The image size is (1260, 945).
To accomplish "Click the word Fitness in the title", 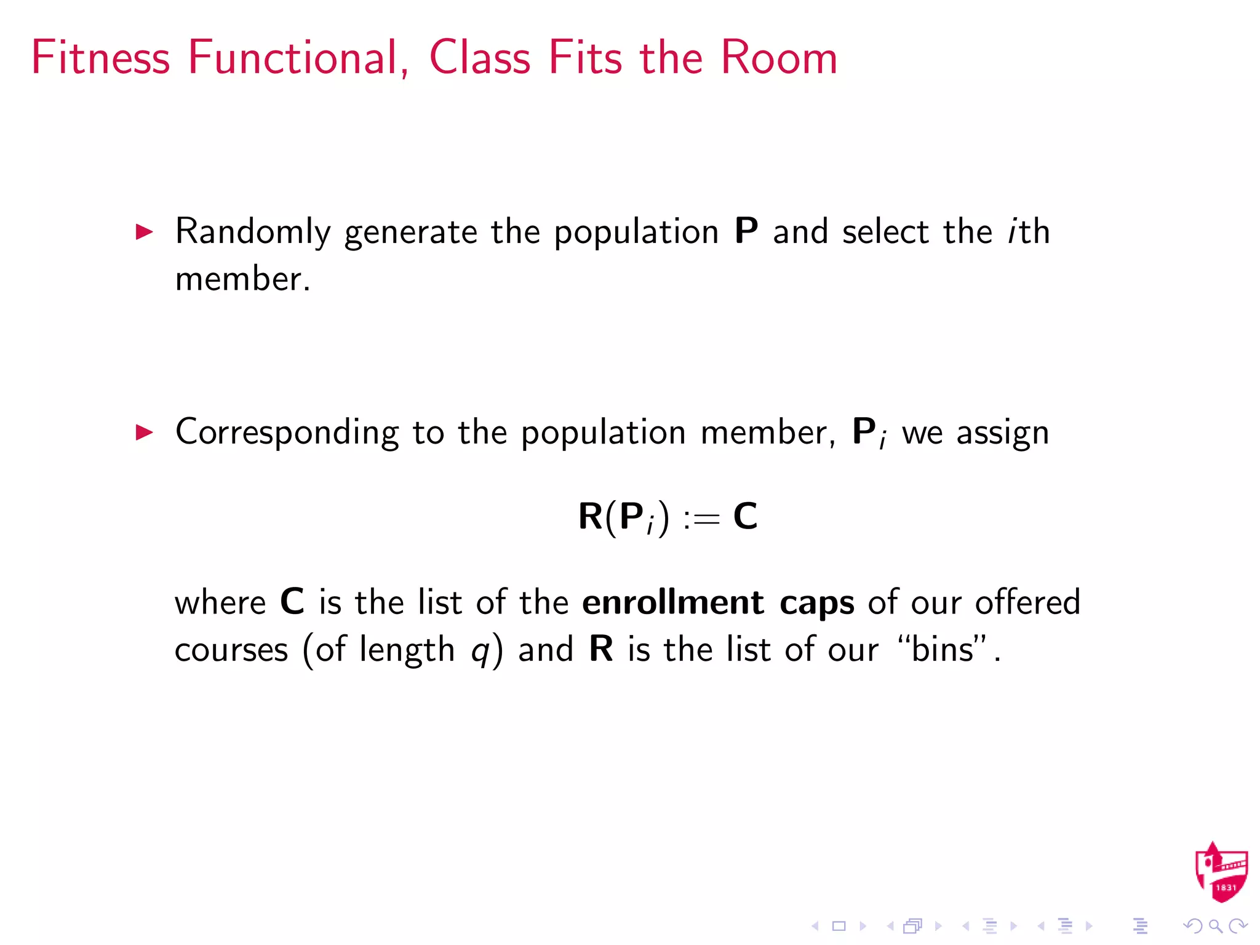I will pyautogui.click(x=100, y=58).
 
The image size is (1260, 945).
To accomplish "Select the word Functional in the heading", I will pyautogui.click(x=298, y=58).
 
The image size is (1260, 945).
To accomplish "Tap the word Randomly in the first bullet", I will pyautogui.click(x=253, y=232).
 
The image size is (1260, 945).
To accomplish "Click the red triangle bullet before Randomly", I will pyautogui.click(x=144, y=232).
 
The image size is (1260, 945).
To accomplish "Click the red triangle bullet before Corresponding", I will pyautogui.click(x=144, y=433).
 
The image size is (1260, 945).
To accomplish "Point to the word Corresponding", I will pyautogui.click(x=287, y=433).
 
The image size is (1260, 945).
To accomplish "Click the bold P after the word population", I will pyautogui.click(x=746, y=232).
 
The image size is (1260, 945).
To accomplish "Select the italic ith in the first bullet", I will pyautogui.click(x=1028, y=232).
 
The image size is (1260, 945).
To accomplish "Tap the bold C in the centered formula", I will pyautogui.click(x=745, y=516).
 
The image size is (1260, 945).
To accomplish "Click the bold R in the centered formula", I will pyautogui.click(x=590, y=516).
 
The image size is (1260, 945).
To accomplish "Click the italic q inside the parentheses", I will pyautogui.click(x=480, y=652).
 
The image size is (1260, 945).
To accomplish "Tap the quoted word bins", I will pyautogui.click(x=943, y=649).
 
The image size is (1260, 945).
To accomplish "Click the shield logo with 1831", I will pyautogui.click(x=1221, y=872).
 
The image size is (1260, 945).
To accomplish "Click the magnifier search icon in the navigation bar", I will pyautogui.click(x=1214, y=926).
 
